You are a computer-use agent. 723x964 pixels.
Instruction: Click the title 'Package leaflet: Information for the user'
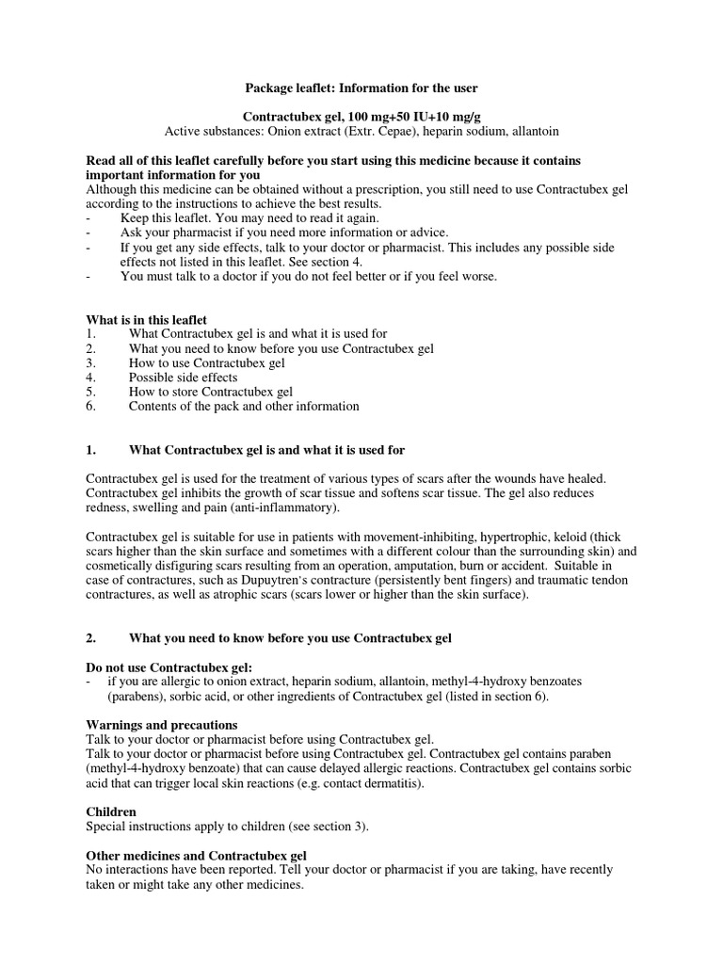pyautogui.click(x=361, y=88)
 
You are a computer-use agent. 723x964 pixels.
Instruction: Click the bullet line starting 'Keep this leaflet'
pyautogui.click(x=249, y=218)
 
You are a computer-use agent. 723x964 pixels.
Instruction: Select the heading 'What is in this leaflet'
pyautogui.click(x=146, y=320)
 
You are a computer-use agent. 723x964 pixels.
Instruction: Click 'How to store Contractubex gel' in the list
pyautogui.click(x=211, y=392)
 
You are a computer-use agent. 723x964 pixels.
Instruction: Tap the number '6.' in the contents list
pyautogui.click(x=90, y=407)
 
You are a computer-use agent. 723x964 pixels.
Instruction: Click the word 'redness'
pyautogui.click(x=106, y=508)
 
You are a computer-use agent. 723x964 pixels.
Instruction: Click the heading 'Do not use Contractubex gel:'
pyautogui.click(x=169, y=667)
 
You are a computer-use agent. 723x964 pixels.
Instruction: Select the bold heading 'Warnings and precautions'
pyautogui.click(x=162, y=725)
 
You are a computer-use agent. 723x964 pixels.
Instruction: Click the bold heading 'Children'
pyautogui.click(x=111, y=811)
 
